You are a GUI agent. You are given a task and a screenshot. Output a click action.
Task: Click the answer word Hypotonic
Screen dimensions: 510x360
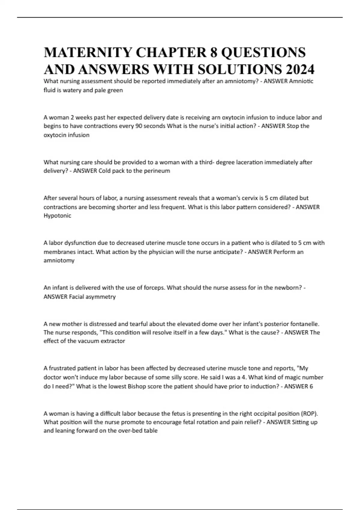pos(57,216)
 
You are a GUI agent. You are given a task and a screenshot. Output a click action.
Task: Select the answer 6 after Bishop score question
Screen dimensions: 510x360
pos(311,386)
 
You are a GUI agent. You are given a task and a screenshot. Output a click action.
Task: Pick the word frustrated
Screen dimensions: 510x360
pos(62,368)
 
